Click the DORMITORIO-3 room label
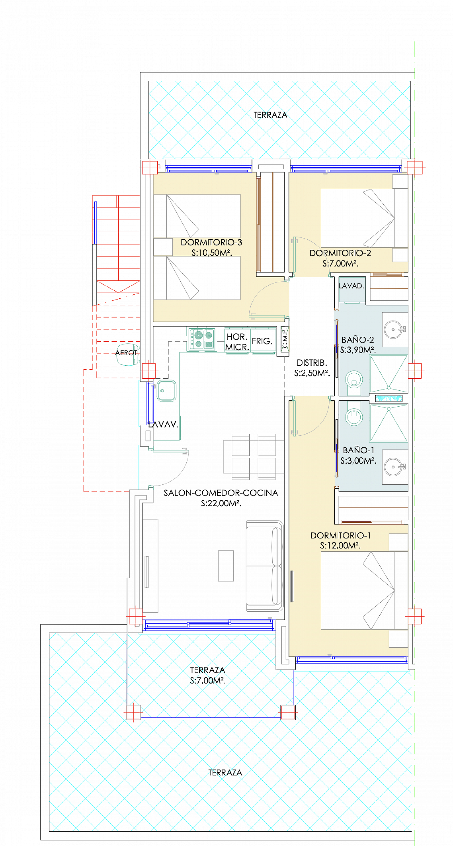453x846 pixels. [211, 242]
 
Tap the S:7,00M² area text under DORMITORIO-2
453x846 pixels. [340, 263]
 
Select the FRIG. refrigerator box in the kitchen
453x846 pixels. [262, 341]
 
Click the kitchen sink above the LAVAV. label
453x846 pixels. [166, 391]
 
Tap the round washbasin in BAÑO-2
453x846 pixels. [393, 329]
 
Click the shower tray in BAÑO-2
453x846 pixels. [389, 374]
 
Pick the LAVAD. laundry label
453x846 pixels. [351, 286]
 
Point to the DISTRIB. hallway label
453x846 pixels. [311, 363]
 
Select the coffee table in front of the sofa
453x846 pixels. [226, 566]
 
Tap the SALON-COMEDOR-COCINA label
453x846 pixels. [221, 493]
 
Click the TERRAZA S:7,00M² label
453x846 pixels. [207, 675]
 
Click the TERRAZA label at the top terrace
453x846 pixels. [270, 115]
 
